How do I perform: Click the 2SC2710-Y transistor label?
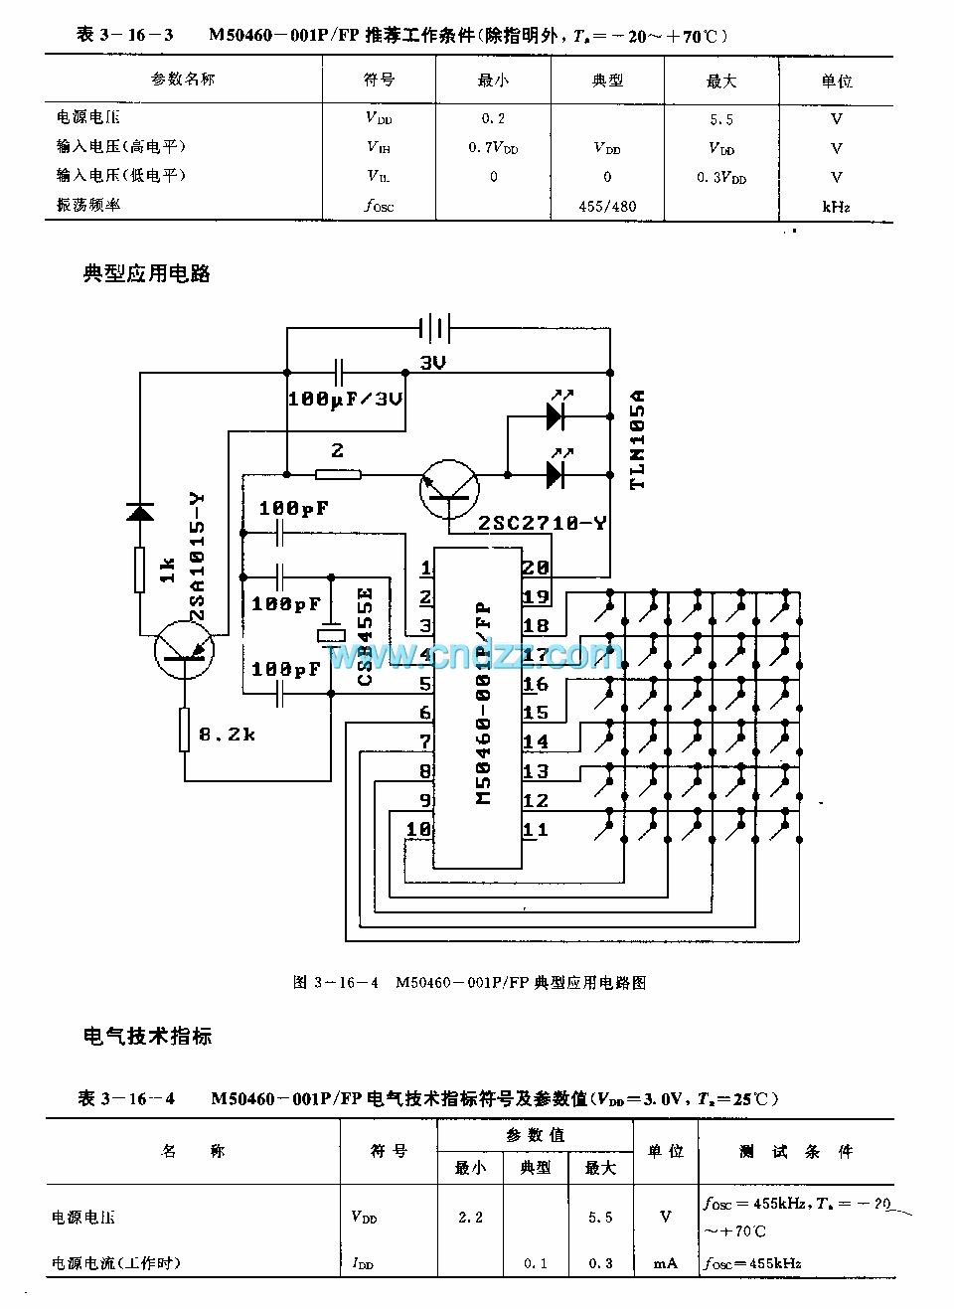[x=542, y=522]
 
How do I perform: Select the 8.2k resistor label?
[x=227, y=735]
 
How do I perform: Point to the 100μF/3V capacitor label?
[x=345, y=399]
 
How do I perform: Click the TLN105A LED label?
[x=638, y=438]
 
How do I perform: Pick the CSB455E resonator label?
[x=364, y=637]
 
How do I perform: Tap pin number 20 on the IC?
[x=536, y=568]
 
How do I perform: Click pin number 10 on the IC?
[x=418, y=829]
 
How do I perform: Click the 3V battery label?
[x=432, y=363]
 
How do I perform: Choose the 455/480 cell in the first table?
[x=607, y=207]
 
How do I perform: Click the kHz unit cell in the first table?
[x=836, y=207]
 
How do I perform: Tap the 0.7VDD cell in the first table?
[x=493, y=148]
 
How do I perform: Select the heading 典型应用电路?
[x=147, y=273]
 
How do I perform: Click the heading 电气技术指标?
[x=148, y=1037]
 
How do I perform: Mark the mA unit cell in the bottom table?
[x=665, y=1263]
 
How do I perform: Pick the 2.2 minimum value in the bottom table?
[x=470, y=1217]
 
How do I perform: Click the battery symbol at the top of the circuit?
[x=433, y=327]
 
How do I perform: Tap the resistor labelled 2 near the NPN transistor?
[x=338, y=474]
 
